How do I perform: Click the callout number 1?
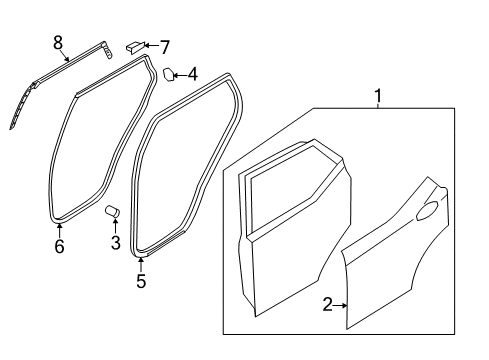(x=378, y=96)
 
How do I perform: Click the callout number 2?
(x=327, y=304)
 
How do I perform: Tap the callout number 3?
(x=115, y=243)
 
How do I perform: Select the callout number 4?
(x=192, y=73)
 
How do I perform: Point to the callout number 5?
(x=140, y=282)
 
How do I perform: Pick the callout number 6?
(x=59, y=246)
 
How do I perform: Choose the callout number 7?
(x=165, y=45)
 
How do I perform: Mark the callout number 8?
(x=57, y=43)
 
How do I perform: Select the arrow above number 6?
(x=59, y=228)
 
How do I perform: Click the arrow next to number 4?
(x=181, y=73)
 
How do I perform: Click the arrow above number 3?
(x=114, y=227)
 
